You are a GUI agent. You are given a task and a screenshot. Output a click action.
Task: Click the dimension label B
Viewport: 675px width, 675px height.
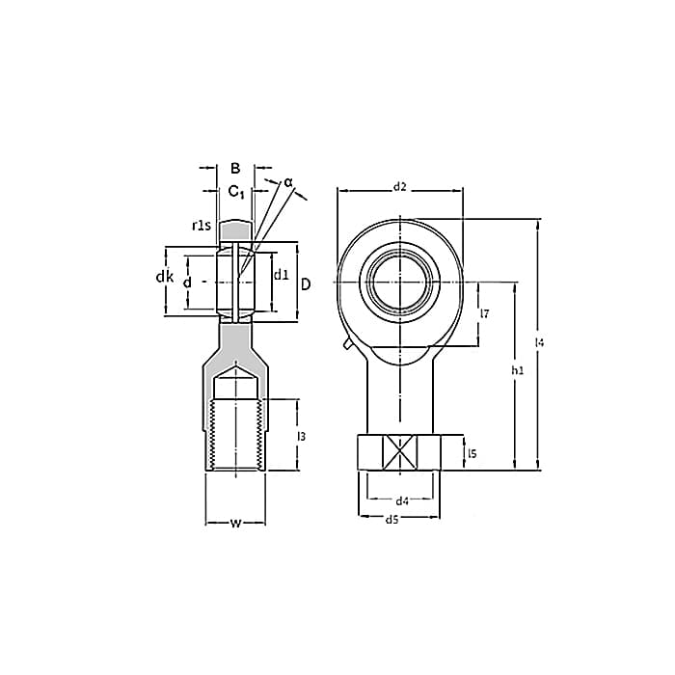click(x=235, y=168)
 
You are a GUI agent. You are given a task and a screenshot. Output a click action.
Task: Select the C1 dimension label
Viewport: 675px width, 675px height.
click(x=236, y=191)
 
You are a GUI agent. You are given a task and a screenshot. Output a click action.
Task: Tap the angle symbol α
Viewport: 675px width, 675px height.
click(x=288, y=182)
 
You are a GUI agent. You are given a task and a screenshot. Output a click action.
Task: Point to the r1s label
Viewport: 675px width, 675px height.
click(x=202, y=225)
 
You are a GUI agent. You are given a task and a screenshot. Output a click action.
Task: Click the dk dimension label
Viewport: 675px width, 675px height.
click(x=165, y=278)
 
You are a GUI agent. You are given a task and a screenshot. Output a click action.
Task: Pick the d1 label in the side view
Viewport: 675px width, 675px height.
click(x=282, y=274)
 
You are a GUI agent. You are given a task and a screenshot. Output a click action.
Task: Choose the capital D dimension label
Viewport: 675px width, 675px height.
click(x=306, y=284)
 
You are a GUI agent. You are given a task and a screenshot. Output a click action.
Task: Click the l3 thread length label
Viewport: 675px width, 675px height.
click(x=301, y=436)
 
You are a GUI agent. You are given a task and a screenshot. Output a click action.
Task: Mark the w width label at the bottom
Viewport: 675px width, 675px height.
click(x=235, y=523)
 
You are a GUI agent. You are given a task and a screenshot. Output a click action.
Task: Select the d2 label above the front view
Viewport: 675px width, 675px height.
click(x=400, y=186)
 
